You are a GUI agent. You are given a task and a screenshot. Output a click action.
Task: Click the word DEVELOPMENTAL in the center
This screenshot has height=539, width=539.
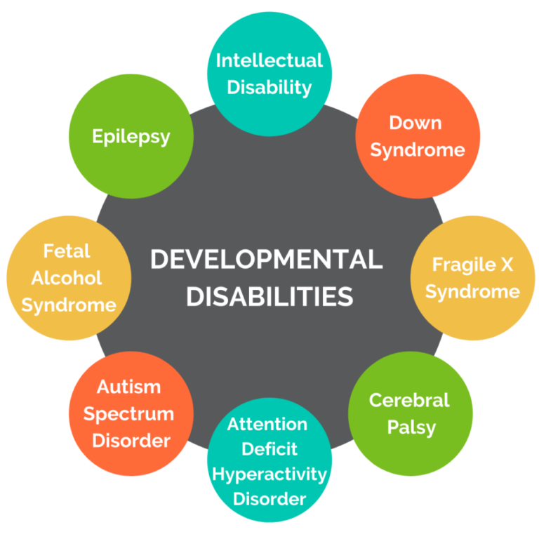[x=267, y=260]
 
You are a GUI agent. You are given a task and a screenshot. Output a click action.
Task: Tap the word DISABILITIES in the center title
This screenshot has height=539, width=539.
[x=269, y=295]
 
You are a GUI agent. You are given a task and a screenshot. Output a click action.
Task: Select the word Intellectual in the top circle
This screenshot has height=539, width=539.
[x=269, y=60]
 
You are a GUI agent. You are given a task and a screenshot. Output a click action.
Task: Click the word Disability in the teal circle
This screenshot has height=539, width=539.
[x=269, y=87]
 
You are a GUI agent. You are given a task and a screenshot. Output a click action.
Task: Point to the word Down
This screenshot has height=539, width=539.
[x=415, y=123]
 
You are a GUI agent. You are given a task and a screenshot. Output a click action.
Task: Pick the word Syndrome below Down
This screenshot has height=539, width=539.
[x=418, y=149]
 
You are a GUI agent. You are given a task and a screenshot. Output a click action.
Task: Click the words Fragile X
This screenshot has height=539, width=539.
[x=471, y=265]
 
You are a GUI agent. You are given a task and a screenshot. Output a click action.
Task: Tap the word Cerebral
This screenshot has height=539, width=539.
[x=409, y=400]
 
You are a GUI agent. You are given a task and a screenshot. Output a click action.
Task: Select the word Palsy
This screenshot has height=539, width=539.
[x=411, y=427]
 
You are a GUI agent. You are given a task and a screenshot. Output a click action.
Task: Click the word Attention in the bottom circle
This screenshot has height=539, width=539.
[x=267, y=425]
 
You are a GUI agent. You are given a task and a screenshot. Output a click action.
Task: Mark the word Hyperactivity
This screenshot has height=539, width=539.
[x=269, y=474]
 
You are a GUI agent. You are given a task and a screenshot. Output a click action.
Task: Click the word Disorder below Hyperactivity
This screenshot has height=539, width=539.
[x=269, y=499]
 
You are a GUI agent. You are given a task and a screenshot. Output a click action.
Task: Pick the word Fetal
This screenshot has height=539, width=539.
[x=67, y=251]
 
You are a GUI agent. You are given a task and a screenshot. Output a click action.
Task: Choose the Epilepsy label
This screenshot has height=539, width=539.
[x=131, y=135]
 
